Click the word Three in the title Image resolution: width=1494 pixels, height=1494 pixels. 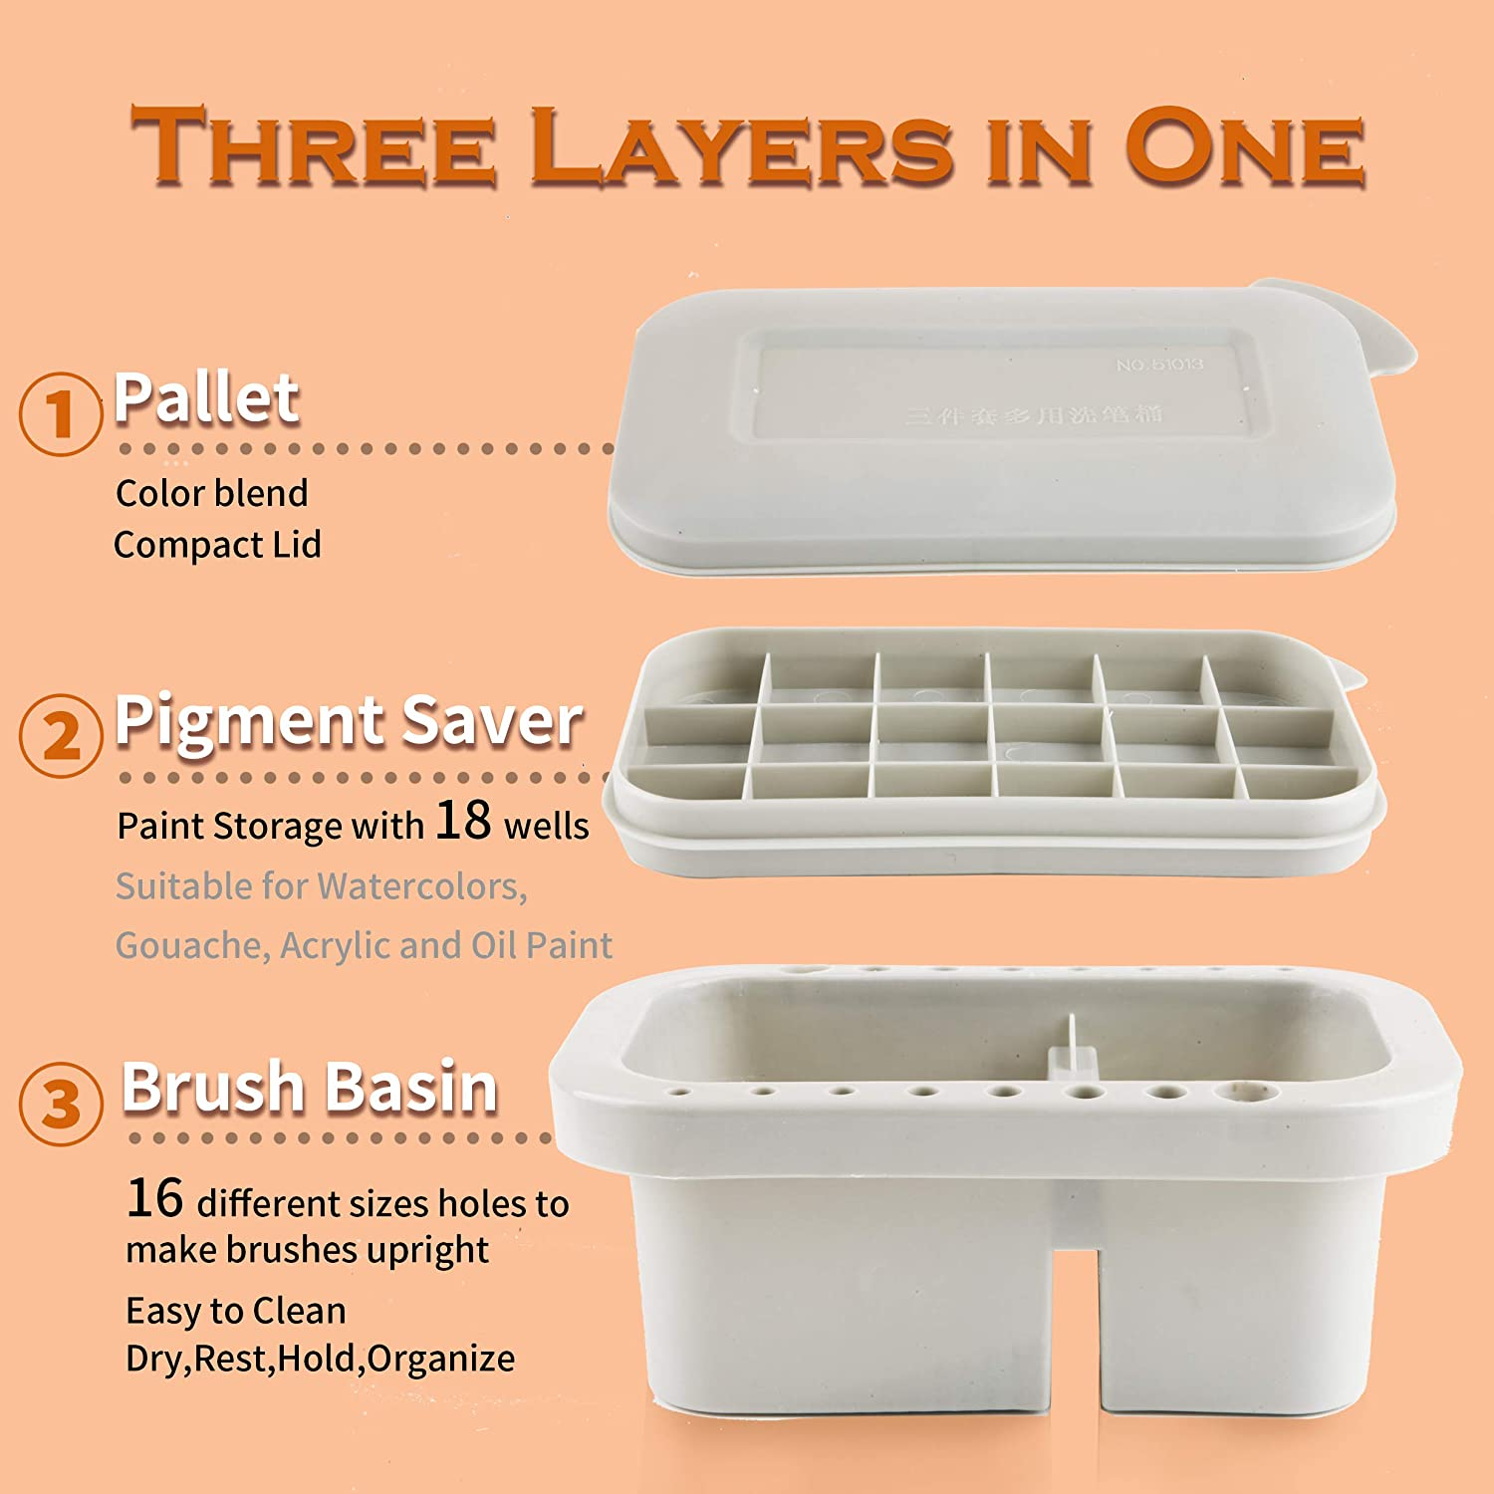tap(314, 147)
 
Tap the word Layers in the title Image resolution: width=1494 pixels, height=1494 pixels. tap(742, 147)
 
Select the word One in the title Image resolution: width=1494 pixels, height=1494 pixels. tap(1245, 147)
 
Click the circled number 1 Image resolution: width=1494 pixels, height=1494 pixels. tap(61, 413)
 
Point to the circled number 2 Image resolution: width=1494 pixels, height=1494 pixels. tap(61, 736)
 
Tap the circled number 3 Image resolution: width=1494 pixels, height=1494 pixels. tap(61, 1104)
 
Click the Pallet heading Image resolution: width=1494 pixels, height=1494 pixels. tap(206, 397)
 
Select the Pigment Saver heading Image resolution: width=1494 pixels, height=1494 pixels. tap(349, 720)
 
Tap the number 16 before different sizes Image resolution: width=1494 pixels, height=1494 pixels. tap(154, 1198)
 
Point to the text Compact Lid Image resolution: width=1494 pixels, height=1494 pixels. tap(217, 545)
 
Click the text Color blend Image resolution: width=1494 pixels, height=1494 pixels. tap(212, 493)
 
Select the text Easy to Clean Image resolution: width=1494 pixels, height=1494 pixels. tap(236, 1311)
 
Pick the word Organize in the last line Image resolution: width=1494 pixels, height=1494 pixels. tap(441, 1359)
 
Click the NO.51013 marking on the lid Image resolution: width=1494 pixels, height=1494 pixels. tap(1159, 365)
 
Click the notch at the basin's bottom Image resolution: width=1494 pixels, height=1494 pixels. tap(1076, 1325)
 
